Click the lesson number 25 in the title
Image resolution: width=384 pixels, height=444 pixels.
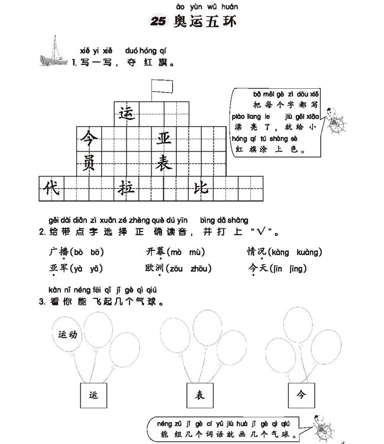point(157,21)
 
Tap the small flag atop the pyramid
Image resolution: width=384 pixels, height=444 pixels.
point(162,86)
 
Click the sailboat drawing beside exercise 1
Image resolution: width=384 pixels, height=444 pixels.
point(53,52)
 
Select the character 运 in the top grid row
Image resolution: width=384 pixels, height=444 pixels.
point(127,114)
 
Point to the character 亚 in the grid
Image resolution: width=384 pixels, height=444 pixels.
point(164,139)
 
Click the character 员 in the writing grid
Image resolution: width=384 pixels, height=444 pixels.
point(89,163)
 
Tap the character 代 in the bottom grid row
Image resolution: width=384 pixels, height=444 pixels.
point(51,188)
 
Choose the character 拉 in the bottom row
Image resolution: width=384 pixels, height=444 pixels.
point(126,188)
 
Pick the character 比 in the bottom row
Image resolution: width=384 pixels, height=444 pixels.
point(201,188)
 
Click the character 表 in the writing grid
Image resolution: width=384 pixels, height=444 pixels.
point(163,163)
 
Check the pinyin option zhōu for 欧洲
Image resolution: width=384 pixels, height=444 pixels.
point(199,268)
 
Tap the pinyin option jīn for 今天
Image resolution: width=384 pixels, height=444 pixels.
point(277,268)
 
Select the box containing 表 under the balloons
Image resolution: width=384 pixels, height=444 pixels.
point(200,395)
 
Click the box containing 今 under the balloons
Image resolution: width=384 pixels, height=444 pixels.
point(301,395)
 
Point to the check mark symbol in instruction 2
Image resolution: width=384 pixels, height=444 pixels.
point(261,231)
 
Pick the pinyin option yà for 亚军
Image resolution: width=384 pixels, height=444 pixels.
point(78,269)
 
